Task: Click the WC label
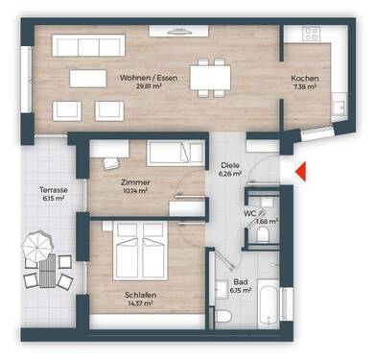coord(248,213)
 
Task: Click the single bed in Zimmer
coord(175,154)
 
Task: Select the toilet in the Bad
coord(223,314)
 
